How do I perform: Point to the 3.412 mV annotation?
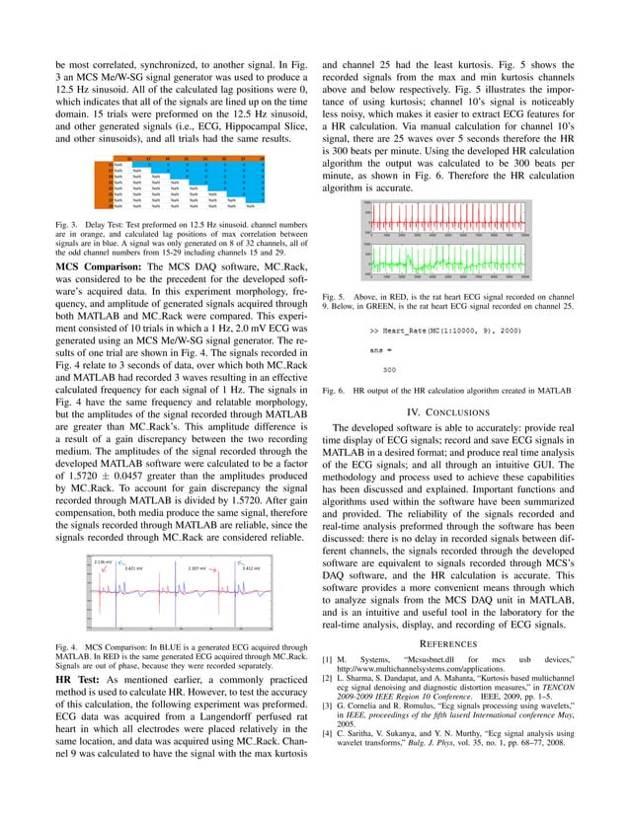tap(253, 569)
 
